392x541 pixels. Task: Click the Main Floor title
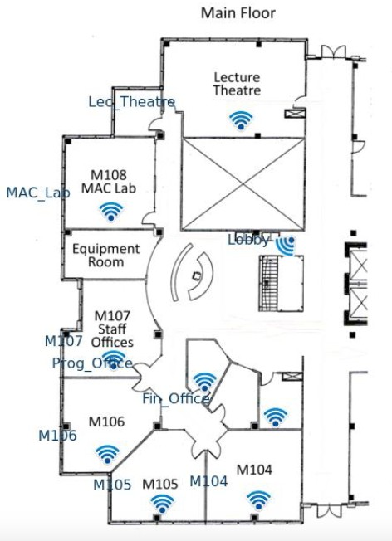[238, 13]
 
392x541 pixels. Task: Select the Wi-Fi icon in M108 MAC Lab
[110, 212]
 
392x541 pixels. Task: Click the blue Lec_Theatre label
[131, 102]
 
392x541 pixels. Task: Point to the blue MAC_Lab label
[38, 193]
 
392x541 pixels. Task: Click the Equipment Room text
[105, 256]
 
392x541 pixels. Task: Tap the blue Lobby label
[248, 240]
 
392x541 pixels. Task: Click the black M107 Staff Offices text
[112, 329]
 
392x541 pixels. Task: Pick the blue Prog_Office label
[92, 363]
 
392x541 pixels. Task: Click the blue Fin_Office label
[176, 399]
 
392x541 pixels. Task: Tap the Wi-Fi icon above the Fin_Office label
[204, 382]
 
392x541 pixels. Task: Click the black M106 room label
[106, 422]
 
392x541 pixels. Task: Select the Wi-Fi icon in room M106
[107, 454]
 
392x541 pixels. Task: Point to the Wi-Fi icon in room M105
[162, 504]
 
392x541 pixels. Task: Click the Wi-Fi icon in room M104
[258, 500]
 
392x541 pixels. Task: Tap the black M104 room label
[254, 470]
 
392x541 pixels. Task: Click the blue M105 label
[112, 485]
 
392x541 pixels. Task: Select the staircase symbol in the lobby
[269, 283]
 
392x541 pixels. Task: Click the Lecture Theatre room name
[237, 84]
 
